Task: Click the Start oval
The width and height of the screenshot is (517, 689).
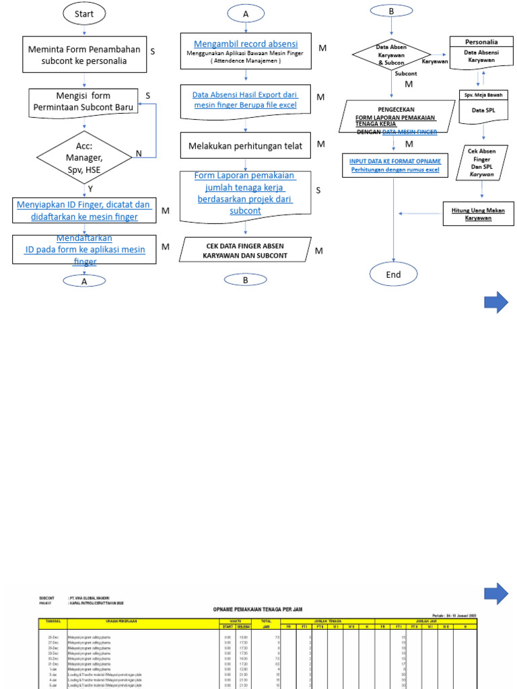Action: [83, 13]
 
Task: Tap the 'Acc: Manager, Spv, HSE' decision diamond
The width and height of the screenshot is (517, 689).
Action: [83, 157]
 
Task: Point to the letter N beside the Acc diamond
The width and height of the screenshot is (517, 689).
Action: [139, 153]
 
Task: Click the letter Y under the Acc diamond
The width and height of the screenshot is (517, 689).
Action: [90, 189]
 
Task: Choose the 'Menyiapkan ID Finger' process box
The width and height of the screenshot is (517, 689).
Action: [83, 210]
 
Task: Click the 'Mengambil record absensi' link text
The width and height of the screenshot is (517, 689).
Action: [245, 44]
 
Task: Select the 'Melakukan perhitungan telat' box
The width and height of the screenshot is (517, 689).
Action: [245, 145]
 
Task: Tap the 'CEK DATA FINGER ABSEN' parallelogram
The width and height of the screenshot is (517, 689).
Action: [245, 250]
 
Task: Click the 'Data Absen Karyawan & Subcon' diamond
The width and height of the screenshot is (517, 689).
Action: [391, 55]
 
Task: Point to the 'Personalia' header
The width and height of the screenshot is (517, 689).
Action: [481, 42]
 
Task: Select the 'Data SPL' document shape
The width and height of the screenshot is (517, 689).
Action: [482, 109]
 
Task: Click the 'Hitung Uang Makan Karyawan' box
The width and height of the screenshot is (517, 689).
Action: [477, 214]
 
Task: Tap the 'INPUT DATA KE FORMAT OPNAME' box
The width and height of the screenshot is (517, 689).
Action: [395, 166]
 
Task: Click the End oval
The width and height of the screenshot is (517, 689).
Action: [393, 275]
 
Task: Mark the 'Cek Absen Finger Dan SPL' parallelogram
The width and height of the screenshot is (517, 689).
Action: [482, 163]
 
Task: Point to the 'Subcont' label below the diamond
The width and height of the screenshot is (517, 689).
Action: [405, 73]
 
